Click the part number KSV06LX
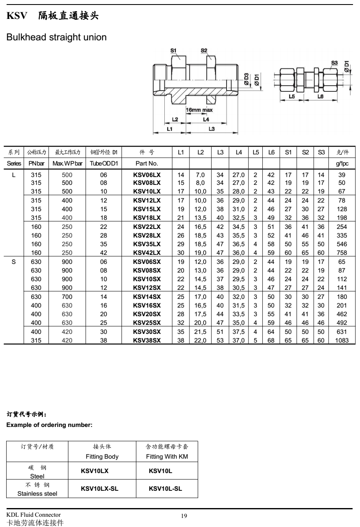pos(147,175)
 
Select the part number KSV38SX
pos(147,340)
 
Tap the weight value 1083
pos(342,340)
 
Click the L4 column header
pos(238,153)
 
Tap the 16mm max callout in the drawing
pos(199,110)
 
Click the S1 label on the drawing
pos(174,50)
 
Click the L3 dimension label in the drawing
pos(211,129)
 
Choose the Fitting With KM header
pos(167,457)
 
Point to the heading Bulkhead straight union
pos(56,37)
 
